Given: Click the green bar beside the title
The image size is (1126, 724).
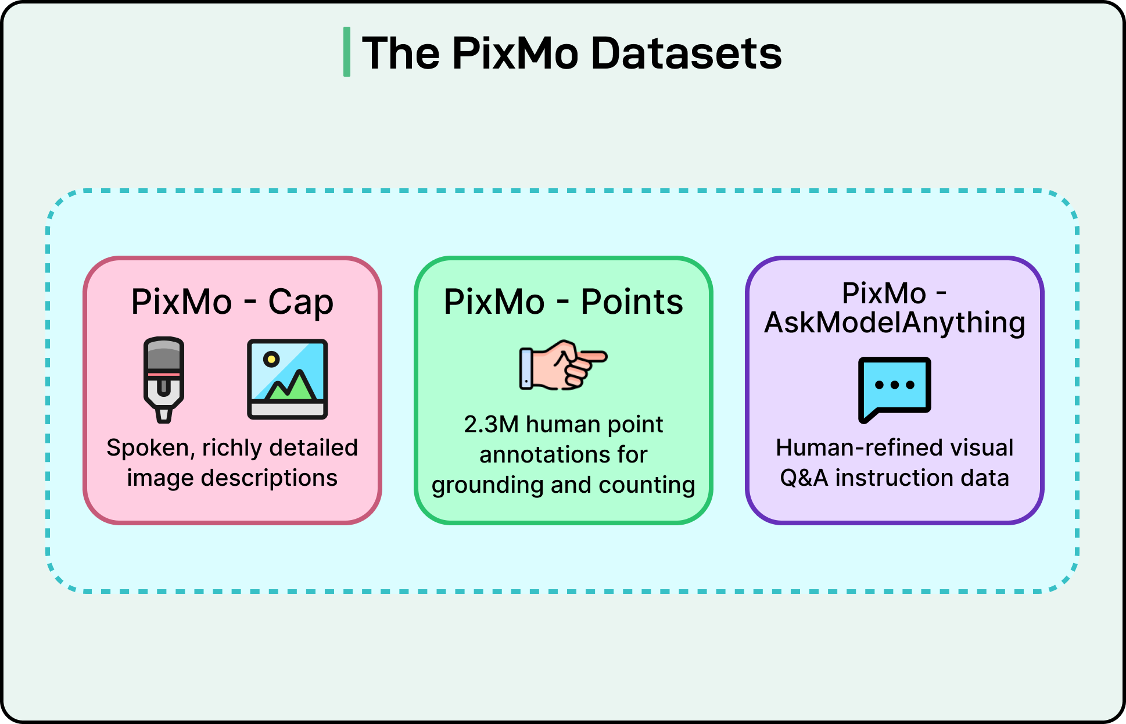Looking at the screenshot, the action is (x=347, y=52).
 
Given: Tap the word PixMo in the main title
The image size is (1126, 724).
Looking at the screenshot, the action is (x=515, y=53).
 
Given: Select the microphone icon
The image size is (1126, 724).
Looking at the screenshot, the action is (x=164, y=379).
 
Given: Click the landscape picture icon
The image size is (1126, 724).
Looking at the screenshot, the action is (x=287, y=379).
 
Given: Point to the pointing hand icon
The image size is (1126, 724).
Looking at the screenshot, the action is (x=562, y=364).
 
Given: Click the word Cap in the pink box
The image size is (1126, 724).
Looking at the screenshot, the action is (x=300, y=302).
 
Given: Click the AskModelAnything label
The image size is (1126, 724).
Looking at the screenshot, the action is (x=895, y=323).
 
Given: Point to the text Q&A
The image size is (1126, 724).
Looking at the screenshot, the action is (x=804, y=478).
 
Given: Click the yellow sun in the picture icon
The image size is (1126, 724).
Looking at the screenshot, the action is (x=271, y=359).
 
